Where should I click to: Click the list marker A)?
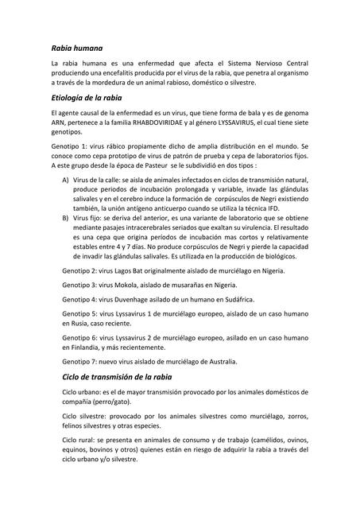[x=66, y=182]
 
